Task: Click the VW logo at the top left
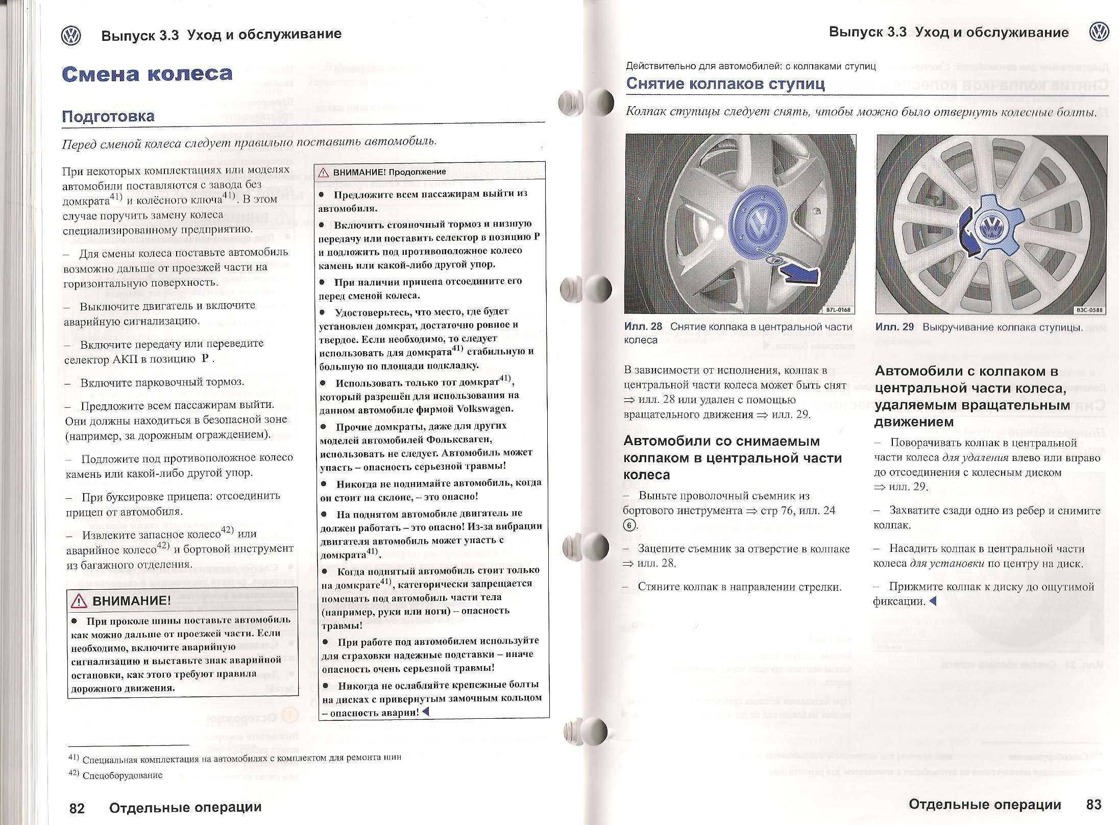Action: (x=70, y=36)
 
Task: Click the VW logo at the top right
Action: (x=1099, y=33)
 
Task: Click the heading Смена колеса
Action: (x=147, y=75)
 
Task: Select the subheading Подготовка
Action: (x=108, y=116)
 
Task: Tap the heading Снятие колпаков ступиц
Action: (x=725, y=84)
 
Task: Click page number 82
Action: (x=77, y=808)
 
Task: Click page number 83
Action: (x=1093, y=805)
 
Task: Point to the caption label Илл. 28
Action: (x=643, y=327)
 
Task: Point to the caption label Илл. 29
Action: (x=894, y=327)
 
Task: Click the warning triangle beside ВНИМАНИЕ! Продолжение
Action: (x=324, y=173)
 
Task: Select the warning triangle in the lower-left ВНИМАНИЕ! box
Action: (x=80, y=601)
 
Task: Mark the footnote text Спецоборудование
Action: (x=122, y=775)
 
